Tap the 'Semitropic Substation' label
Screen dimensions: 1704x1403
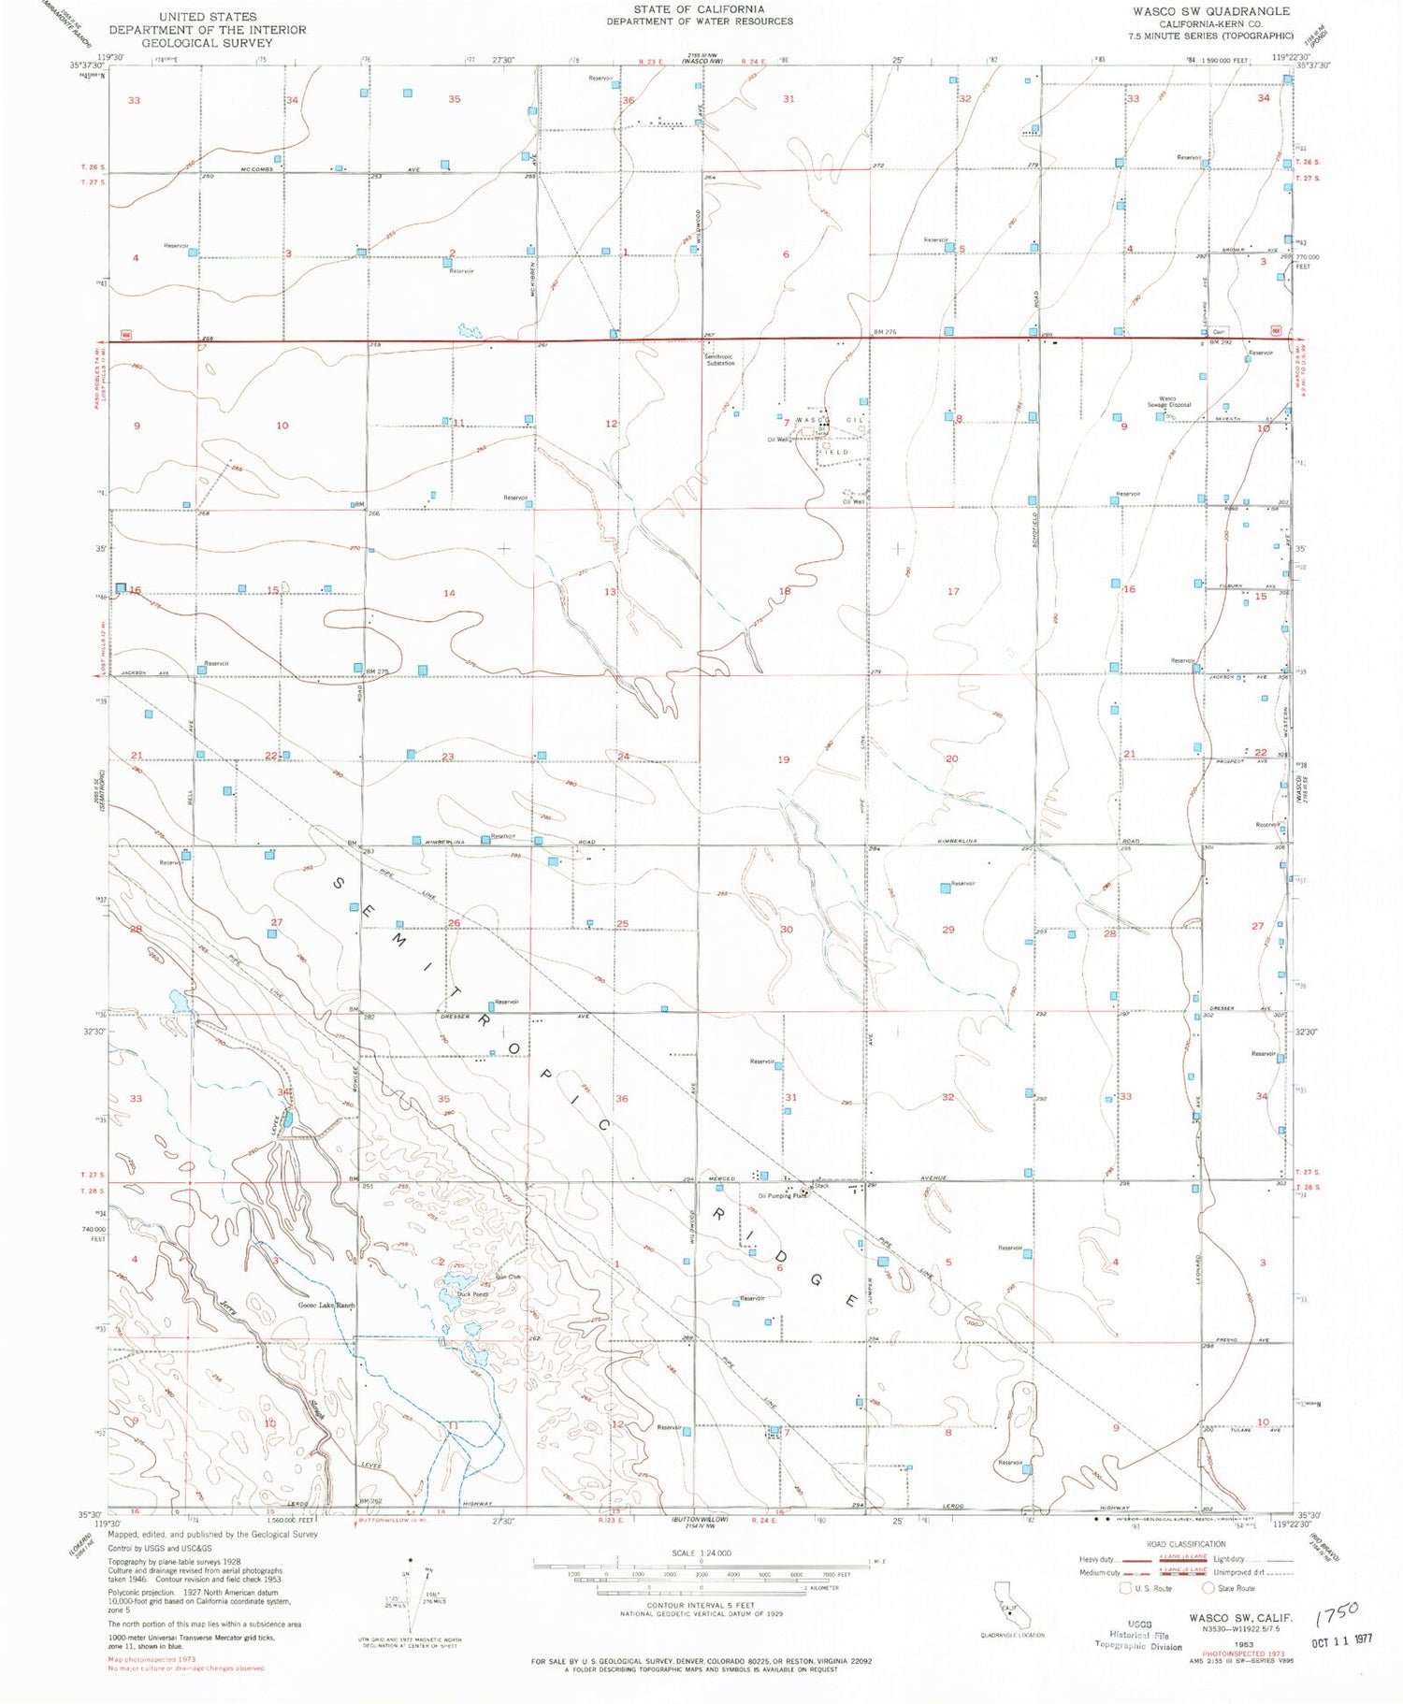click(x=719, y=359)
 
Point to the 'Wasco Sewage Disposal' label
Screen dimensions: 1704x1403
click(x=1169, y=401)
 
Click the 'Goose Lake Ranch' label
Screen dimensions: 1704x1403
click(x=326, y=1305)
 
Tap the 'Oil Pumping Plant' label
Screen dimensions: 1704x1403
click(x=781, y=1195)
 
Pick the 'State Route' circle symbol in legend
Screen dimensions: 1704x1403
click(x=1208, y=1588)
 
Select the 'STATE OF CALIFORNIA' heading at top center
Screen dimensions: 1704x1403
click(x=699, y=9)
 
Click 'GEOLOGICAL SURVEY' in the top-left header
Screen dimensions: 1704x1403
click(x=207, y=42)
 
